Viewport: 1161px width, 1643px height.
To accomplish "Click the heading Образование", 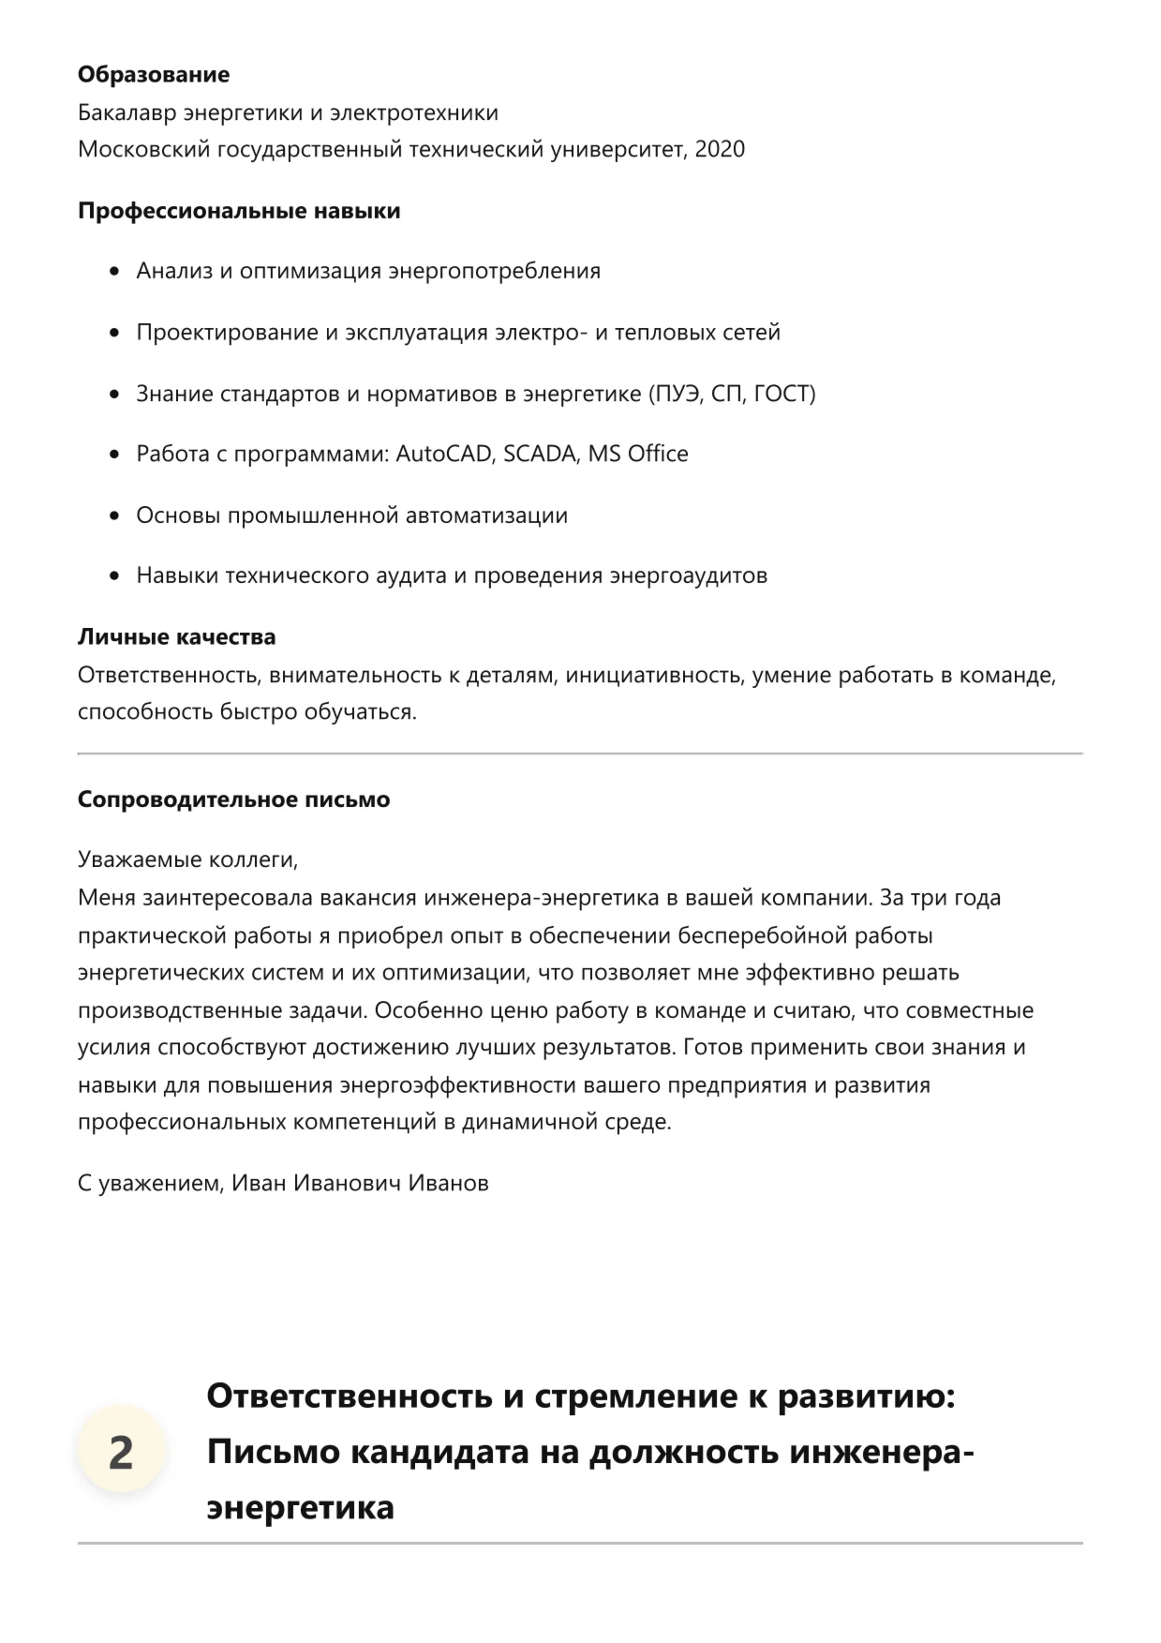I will coord(153,75).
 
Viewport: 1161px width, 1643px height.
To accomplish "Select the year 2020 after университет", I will coord(720,149).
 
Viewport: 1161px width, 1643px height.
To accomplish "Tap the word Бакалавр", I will coord(127,113).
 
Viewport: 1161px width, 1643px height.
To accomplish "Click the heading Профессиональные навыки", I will coord(239,211).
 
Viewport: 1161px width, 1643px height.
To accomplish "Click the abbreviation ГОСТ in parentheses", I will coord(781,394).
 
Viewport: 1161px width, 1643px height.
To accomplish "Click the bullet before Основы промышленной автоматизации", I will coord(115,516).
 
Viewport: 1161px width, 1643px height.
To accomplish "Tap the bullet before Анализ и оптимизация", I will coord(115,272).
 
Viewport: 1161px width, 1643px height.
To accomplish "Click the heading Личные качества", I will coord(176,637).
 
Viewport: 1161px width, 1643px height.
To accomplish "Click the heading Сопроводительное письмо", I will coord(233,800).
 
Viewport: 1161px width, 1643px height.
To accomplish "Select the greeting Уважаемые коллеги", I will coord(187,859).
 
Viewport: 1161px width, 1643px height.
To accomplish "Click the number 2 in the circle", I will coord(121,1453).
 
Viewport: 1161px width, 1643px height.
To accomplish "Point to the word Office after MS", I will coord(658,455).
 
